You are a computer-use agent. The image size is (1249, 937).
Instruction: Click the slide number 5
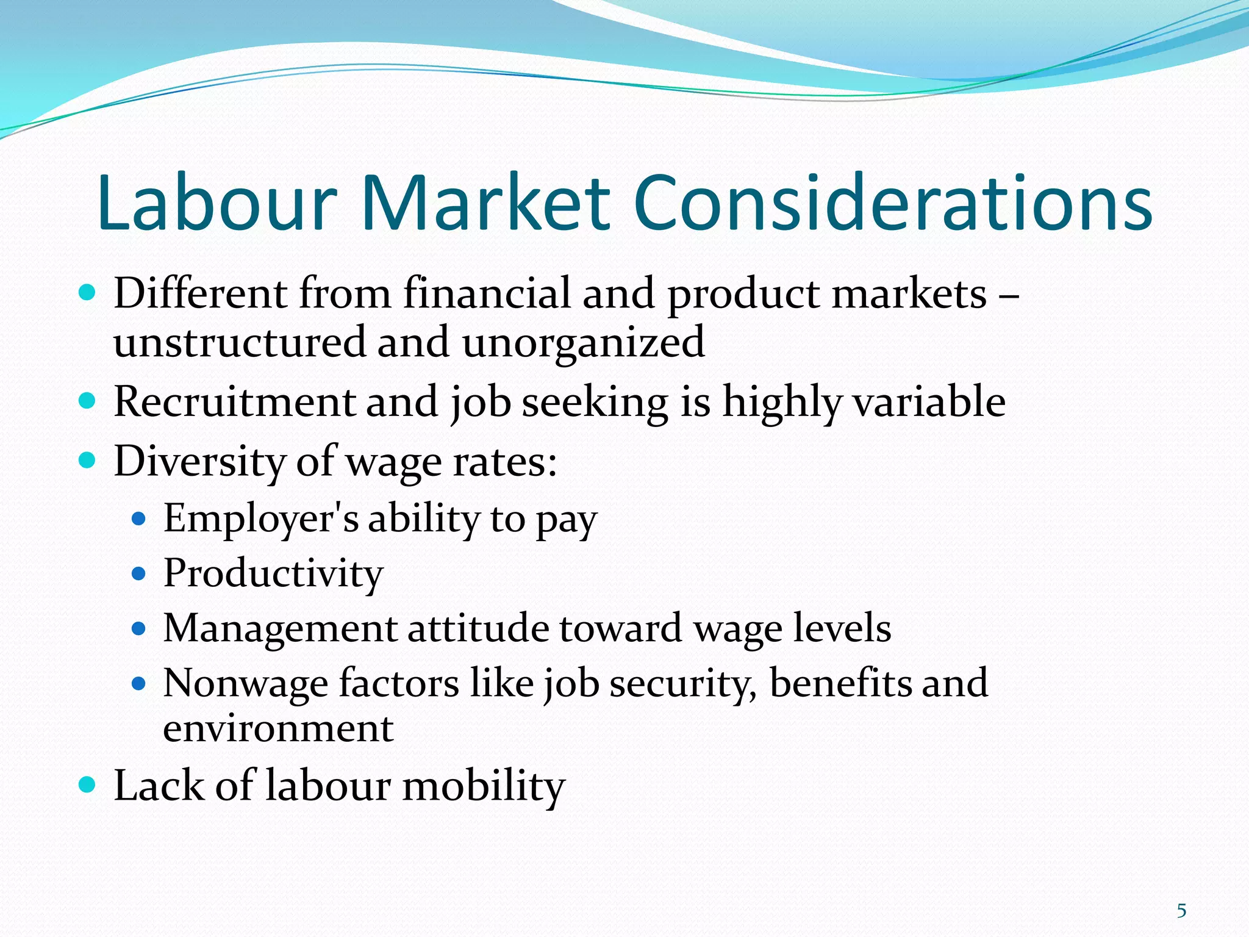click(1181, 911)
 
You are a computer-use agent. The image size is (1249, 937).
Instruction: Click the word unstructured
click(239, 342)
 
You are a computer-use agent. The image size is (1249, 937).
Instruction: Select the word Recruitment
click(235, 402)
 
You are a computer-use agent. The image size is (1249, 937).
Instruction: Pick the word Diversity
click(200, 461)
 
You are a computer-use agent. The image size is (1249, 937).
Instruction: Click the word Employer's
click(260, 519)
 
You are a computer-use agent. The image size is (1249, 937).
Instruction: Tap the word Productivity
click(273, 574)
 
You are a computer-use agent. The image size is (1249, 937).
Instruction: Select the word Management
click(280, 628)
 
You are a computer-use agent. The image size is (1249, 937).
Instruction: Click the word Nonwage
click(245, 683)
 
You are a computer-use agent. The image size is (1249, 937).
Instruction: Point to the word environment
click(278, 728)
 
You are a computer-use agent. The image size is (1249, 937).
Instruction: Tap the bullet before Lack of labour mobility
click(88, 784)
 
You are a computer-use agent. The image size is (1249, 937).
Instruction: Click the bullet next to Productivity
click(139, 573)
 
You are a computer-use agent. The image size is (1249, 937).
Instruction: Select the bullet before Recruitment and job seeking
click(88, 401)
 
